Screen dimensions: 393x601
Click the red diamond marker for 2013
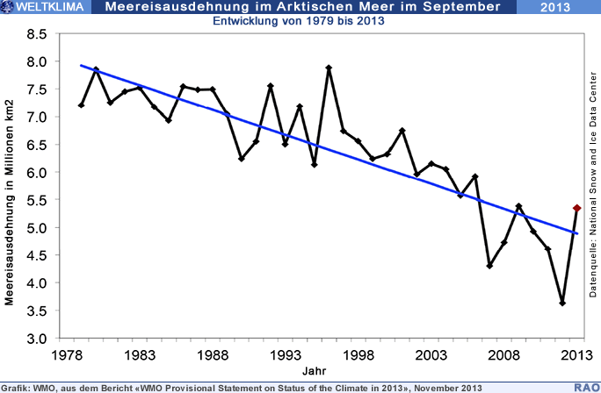click(x=576, y=208)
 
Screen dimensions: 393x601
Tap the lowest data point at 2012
click(x=561, y=303)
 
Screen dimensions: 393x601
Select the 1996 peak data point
click(x=329, y=68)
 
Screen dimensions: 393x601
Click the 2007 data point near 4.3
click(x=489, y=266)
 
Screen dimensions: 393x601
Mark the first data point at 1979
click(x=82, y=105)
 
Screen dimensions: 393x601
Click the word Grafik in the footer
click(x=16, y=387)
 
